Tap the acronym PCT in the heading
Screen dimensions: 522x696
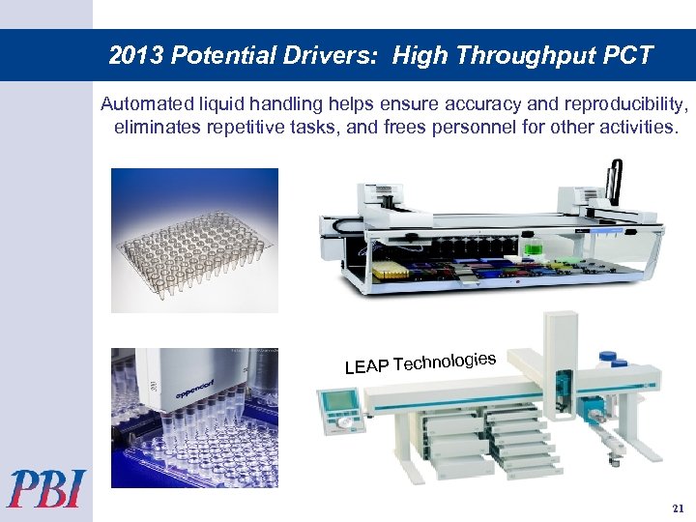tap(630, 56)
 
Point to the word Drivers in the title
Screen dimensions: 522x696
tap(343, 56)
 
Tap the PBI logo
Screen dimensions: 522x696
tap(47, 488)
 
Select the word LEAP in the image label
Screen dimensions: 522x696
tap(366, 366)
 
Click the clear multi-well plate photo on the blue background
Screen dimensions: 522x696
tap(194, 240)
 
